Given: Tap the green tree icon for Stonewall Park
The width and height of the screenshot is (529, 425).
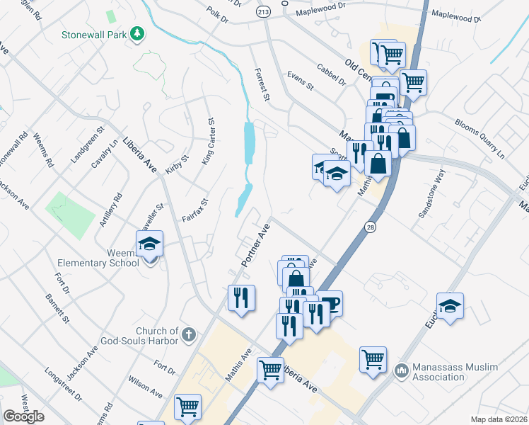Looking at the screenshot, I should tap(139, 33).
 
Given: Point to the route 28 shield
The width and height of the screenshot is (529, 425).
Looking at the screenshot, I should tap(371, 227).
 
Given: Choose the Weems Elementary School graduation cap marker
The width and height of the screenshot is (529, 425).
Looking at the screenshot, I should tap(150, 245).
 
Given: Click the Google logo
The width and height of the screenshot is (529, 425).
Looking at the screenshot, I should tap(23, 416).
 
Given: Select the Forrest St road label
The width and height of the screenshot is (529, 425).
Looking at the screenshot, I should tap(262, 84).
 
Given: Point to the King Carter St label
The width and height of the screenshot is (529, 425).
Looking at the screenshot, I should tap(208, 142).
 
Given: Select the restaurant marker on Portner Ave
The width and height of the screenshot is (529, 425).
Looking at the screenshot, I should tap(241, 298).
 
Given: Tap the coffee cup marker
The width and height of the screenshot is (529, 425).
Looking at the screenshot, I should tap(329, 304).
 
